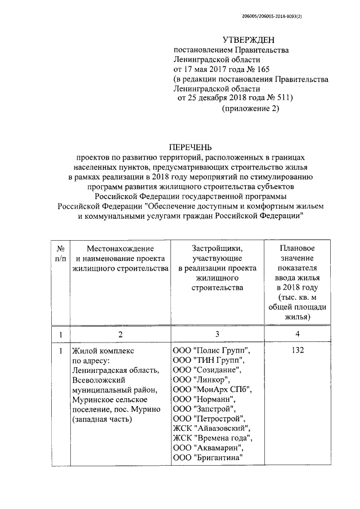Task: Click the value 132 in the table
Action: click(x=298, y=350)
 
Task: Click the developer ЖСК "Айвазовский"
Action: click(x=211, y=429)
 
